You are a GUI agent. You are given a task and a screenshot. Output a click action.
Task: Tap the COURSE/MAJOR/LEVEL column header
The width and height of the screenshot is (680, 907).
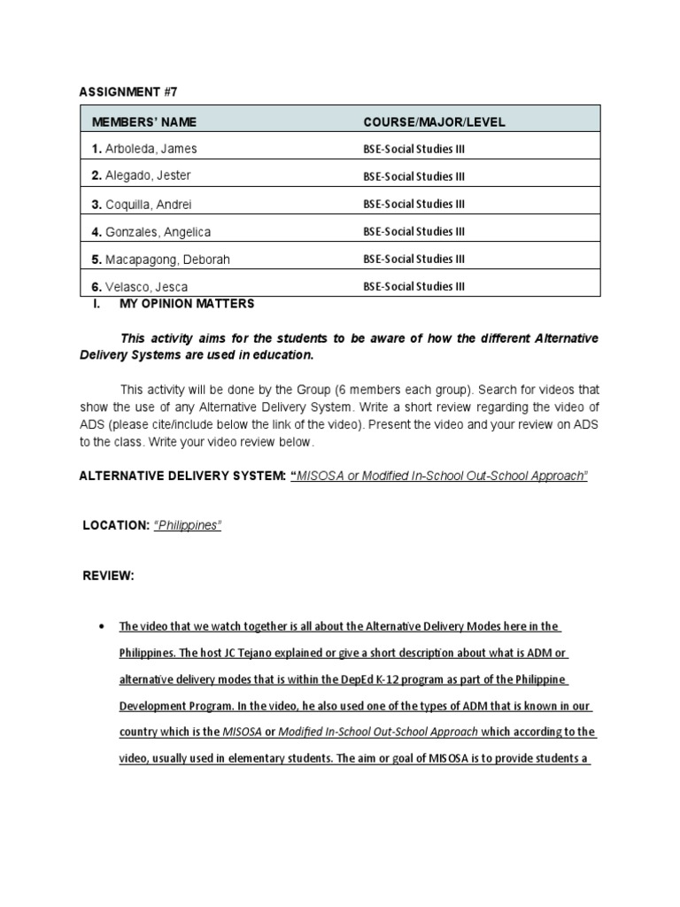[434, 122]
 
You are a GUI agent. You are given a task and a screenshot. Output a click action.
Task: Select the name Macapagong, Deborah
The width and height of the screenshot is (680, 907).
[160, 260]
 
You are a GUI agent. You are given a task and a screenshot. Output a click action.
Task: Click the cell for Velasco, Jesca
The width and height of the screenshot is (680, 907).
[140, 287]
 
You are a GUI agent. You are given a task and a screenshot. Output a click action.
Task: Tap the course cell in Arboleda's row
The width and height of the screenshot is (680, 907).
[413, 148]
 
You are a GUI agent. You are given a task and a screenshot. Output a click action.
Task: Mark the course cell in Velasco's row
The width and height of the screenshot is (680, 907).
[413, 287]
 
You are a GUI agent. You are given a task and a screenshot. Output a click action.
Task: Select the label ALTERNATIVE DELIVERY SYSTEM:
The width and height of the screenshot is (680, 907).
[182, 476]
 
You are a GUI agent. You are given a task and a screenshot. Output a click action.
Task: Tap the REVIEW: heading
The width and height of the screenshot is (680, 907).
[108, 576]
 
